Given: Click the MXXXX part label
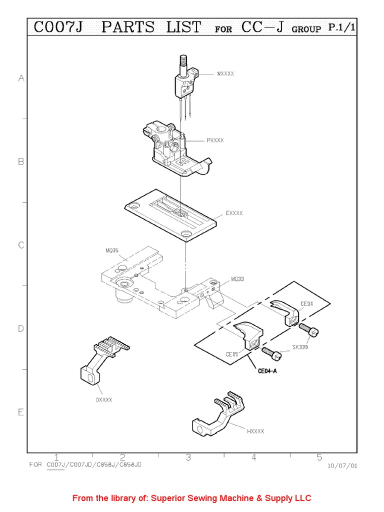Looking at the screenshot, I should point(225,74).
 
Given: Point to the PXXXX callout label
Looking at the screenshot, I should point(215,140).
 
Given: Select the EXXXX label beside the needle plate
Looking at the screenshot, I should point(234,213).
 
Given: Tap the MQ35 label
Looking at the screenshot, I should point(112,250).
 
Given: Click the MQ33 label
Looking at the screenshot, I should point(237,279).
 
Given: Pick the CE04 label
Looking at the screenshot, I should point(306,303).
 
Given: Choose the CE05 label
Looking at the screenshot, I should point(231,354).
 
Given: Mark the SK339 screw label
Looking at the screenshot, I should point(300,346).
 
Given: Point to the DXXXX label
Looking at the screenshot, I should point(104,399).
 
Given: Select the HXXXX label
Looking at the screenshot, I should point(255,430).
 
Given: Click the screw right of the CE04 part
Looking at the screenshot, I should point(309,329).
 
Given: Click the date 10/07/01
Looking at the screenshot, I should point(342,465).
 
